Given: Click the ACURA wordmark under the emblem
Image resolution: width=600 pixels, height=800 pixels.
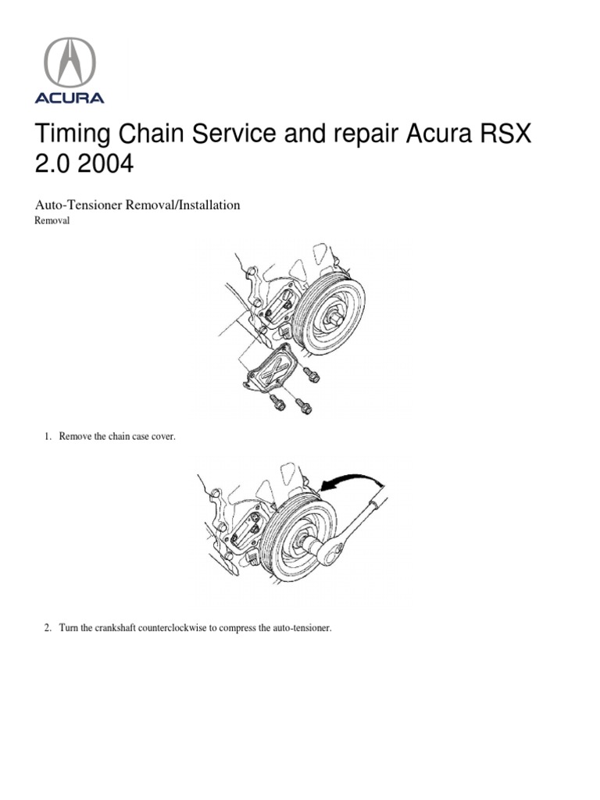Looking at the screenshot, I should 69,98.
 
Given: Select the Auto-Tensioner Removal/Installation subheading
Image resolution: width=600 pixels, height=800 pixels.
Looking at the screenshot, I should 137,205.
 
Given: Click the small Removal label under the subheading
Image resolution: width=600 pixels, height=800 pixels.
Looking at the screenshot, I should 53,221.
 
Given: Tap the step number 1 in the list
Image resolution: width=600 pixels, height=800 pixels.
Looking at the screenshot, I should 47,437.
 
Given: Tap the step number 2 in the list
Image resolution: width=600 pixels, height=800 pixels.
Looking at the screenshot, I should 47,627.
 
